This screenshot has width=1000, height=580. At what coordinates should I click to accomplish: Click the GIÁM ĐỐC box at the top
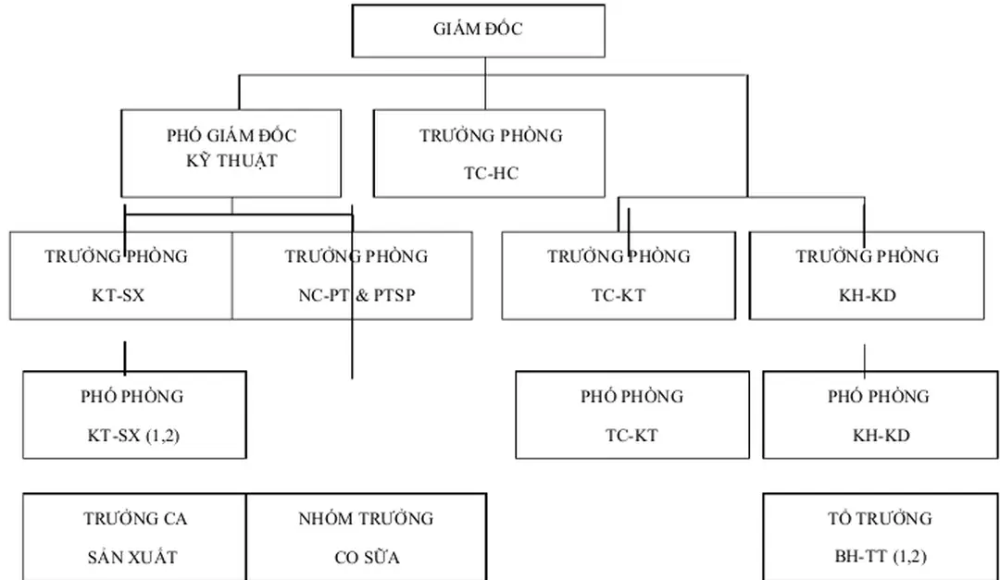click(x=479, y=31)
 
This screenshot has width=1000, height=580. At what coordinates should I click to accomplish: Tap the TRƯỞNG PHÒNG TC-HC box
click(x=489, y=153)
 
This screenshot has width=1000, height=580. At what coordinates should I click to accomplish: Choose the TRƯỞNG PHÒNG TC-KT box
click(x=619, y=276)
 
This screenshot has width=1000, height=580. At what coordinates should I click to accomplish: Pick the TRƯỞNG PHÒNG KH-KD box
click(x=867, y=276)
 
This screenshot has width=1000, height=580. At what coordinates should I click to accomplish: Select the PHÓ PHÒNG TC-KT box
click(x=632, y=414)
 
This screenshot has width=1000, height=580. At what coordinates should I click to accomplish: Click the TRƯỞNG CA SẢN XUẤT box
click(x=134, y=537)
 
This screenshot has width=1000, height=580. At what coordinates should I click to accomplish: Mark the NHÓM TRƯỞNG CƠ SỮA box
click(x=366, y=537)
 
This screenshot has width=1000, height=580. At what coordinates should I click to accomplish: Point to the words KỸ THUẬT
click(x=231, y=161)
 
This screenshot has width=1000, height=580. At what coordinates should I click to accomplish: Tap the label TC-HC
click(x=491, y=172)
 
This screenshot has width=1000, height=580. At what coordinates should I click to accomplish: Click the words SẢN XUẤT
click(x=132, y=558)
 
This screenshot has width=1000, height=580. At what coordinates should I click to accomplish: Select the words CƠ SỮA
click(x=367, y=558)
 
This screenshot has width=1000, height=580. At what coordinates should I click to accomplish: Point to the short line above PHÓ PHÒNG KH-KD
click(x=865, y=358)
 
